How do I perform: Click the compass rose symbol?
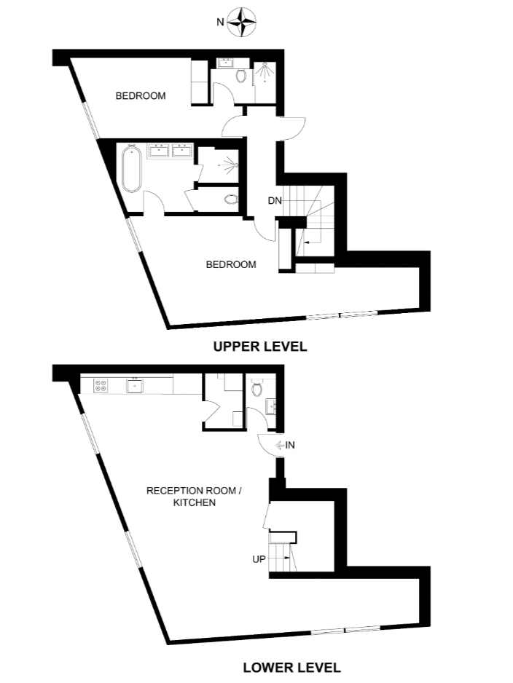[243, 23]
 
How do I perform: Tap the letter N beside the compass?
[219, 23]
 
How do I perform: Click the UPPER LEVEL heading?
[259, 347]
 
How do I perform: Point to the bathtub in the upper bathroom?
[131, 169]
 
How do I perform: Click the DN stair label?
[274, 200]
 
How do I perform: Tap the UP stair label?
[258, 560]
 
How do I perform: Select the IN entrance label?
[289, 445]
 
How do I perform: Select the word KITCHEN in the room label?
[195, 502]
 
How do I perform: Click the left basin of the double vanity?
[160, 151]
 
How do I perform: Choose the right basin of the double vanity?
[182, 151]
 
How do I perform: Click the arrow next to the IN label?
[278, 445]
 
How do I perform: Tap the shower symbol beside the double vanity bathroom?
[230, 165]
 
